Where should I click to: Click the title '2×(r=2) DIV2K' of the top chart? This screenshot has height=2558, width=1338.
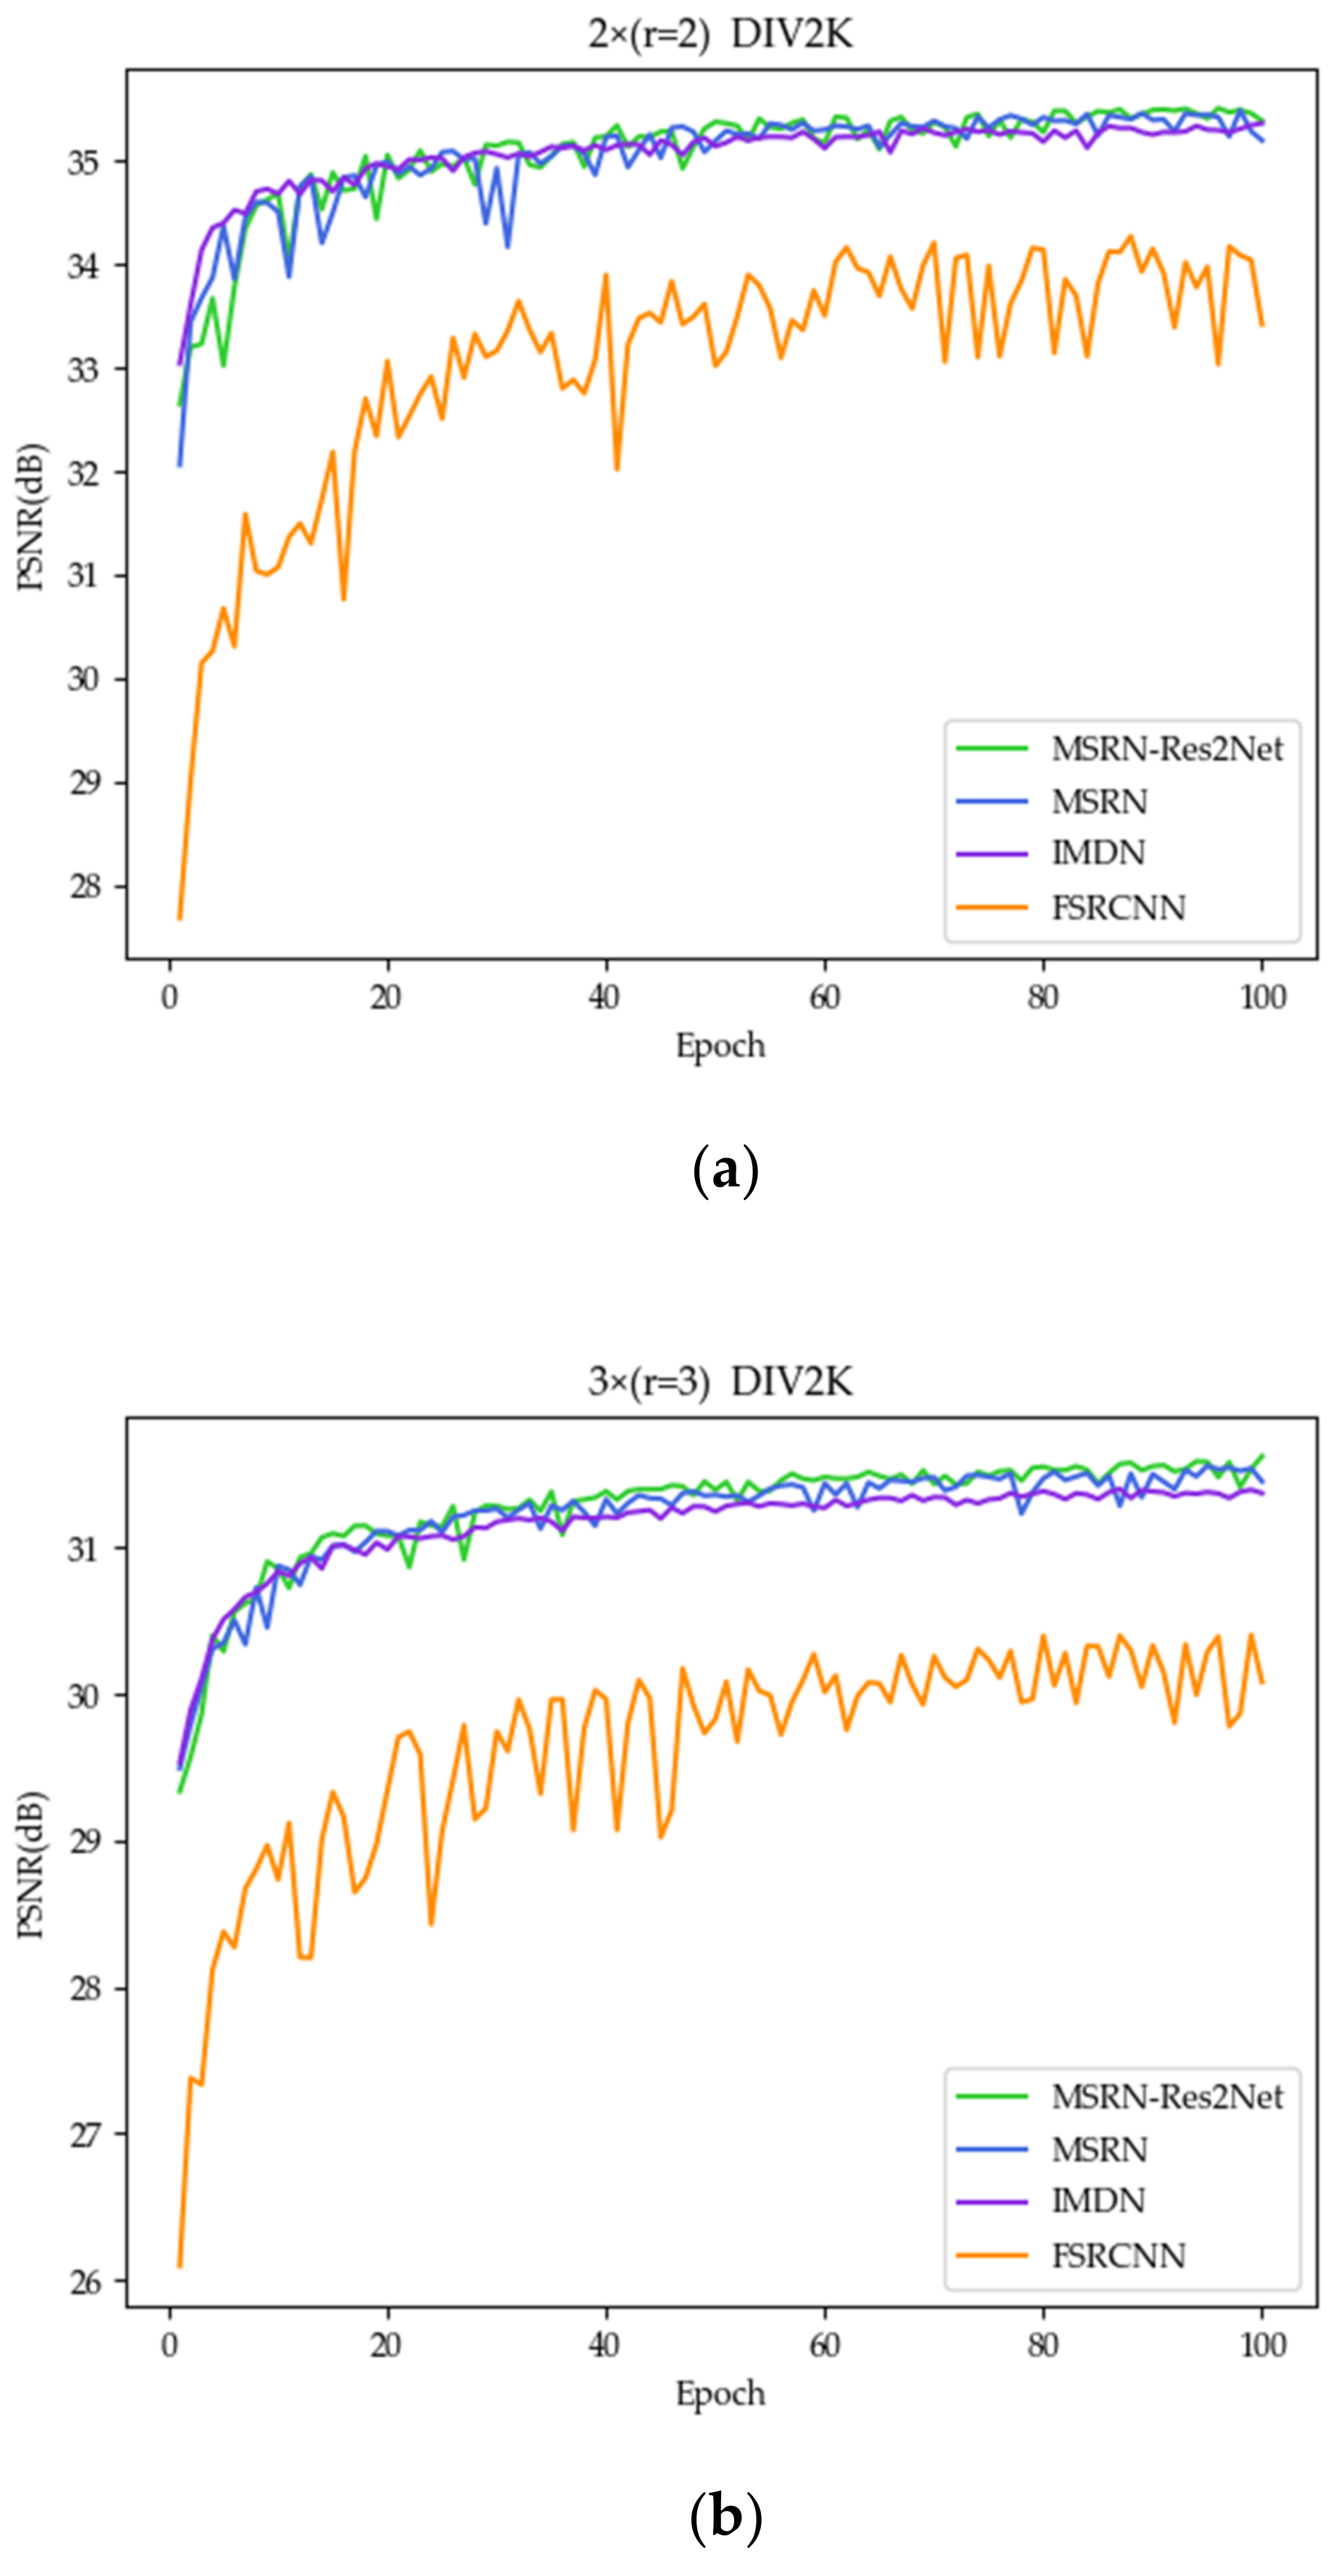720,35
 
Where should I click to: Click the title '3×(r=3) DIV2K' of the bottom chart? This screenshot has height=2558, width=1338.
720,1381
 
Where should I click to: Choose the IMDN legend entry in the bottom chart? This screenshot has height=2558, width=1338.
1098,2200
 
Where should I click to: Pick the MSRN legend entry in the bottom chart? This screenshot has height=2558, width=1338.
1098,2149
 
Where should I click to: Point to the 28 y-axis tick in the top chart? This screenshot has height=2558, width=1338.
85,886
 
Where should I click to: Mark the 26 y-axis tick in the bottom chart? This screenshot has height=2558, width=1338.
85,2282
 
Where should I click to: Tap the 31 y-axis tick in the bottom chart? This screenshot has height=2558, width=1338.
85,1548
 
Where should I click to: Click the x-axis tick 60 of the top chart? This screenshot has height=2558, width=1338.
825,997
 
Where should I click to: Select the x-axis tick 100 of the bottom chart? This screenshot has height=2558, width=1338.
1263,2344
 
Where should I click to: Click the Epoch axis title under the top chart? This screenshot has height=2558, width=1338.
720,1046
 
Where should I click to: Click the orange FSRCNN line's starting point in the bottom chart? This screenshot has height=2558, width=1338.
180,2268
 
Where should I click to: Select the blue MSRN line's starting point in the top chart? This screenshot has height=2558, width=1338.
180,465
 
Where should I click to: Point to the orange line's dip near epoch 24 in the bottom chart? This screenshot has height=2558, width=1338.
431,1925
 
